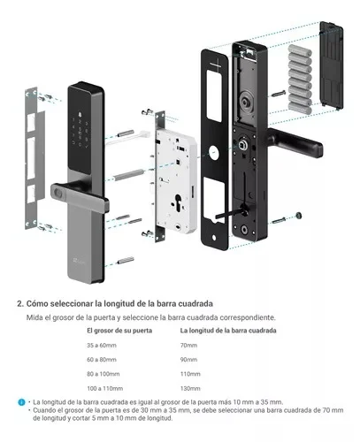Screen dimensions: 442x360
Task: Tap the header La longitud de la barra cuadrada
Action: (x=238, y=330)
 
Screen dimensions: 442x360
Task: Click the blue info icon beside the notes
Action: (x=20, y=402)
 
